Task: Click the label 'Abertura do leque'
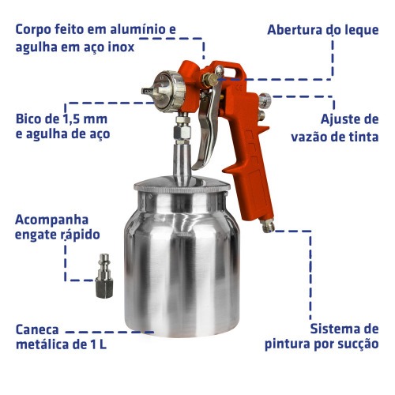[324, 30]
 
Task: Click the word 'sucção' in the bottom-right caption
[357, 344]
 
